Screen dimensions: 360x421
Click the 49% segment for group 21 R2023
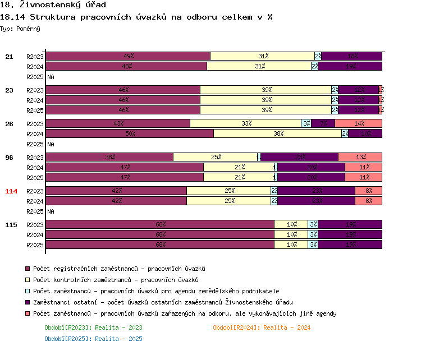coord(128,56)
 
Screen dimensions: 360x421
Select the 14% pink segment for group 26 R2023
coord(358,123)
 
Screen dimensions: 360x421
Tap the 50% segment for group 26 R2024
coord(130,133)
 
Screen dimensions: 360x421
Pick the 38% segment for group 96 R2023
coord(109,157)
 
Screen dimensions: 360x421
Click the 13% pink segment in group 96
coord(360,157)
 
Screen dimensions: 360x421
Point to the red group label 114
coord(11,191)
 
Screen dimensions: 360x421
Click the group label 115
coord(11,225)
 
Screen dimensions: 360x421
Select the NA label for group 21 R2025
coord(51,77)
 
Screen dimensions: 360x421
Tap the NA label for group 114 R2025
coord(51,211)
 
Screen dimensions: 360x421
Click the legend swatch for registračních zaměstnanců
coord(28,269)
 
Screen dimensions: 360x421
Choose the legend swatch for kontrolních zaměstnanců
coord(28,280)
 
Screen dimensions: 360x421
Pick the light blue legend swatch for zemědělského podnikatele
coord(28,292)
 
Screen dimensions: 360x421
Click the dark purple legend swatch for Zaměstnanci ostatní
coord(28,303)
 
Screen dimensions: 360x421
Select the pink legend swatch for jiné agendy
coord(28,314)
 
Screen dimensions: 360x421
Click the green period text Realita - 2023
coord(93,327)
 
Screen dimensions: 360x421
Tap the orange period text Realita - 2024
coord(262,327)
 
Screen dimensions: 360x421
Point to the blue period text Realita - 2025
coord(93,339)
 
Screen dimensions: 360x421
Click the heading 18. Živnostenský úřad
coord(53,6)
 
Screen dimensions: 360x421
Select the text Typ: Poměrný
coord(20,28)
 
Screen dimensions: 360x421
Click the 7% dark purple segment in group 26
coord(323,123)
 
